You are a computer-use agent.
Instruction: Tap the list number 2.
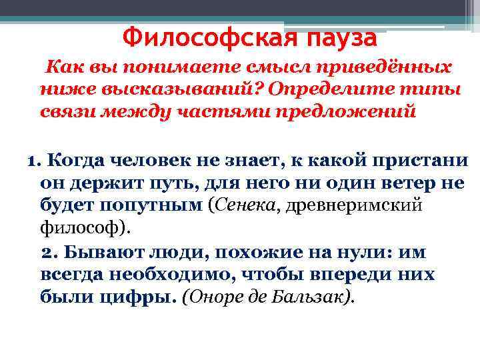click(47, 253)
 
